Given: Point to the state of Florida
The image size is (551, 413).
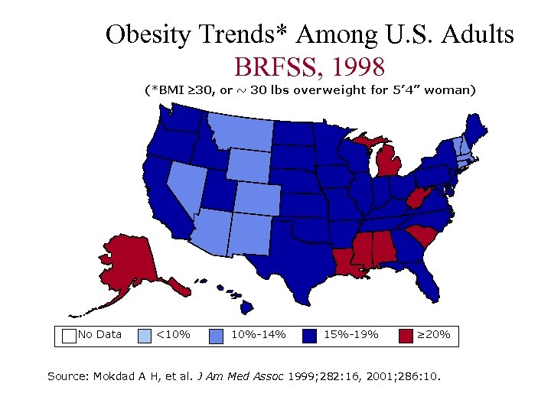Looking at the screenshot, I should click(x=428, y=279).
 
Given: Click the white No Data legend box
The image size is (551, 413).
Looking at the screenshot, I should click(x=69, y=335).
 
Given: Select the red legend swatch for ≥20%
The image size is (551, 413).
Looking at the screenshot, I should click(x=406, y=335).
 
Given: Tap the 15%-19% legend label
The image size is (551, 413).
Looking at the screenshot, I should click(x=351, y=334).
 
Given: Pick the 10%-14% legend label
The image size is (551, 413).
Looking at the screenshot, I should click(x=258, y=334).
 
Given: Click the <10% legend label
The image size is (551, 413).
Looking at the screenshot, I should click(x=173, y=334).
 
